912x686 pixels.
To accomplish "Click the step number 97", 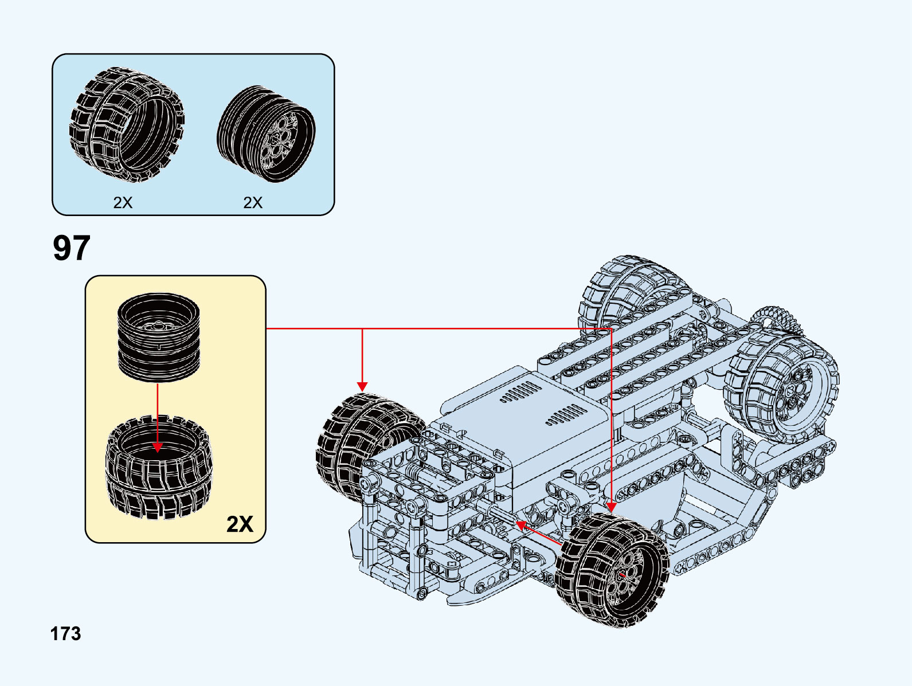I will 72,248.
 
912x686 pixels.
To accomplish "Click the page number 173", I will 66,634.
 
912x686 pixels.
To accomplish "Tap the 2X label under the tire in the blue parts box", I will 123,202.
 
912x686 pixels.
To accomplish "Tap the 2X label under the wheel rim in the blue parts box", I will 253,202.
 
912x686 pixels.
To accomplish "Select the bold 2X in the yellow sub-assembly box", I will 240,524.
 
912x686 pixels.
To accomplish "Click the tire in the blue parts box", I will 127,124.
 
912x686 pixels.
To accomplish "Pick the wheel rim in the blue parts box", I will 266,134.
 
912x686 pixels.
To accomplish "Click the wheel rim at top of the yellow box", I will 159,337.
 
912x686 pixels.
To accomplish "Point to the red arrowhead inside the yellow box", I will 158,447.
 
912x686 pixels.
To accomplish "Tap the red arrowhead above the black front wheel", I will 611,507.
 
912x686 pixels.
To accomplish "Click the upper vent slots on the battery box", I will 520,391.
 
